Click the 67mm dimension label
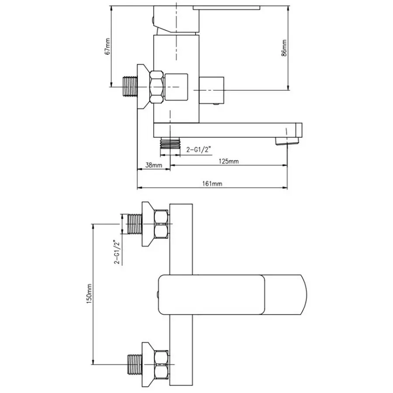pyautogui.click(x=107, y=46)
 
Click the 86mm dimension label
pyautogui.click(x=284, y=48)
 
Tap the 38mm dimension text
pyautogui.click(x=154, y=165)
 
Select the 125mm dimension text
pyautogui.click(x=229, y=161)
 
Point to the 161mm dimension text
pyautogui.click(x=212, y=184)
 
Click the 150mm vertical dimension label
pyautogui.click(x=89, y=294)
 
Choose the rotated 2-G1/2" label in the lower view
pyautogui.click(x=117, y=252)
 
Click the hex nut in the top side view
pyautogui.click(x=157, y=87)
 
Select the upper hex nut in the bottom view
pyautogui.click(x=161, y=224)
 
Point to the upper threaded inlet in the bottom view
pyautogui.click(x=135, y=224)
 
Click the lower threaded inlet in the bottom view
pyautogui.click(x=135, y=364)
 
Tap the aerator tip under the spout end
pyautogui.click(x=287, y=141)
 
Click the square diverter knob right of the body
pyautogui.click(x=211, y=90)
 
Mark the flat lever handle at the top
pyautogui.click(x=226, y=7)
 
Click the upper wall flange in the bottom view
pyautogui.click(x=148, y=224)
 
